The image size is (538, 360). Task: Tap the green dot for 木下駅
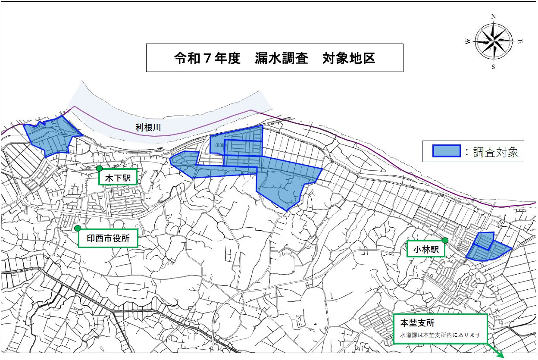click(99, 168)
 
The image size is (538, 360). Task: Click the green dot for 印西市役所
click(77, 228)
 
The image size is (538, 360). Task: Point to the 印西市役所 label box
click(108, 238)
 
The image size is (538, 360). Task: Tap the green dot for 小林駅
click(445, 240)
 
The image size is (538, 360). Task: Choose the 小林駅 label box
click(426, 249)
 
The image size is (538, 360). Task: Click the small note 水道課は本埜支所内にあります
click(440, 335)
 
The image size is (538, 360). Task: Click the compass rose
click(494, 41)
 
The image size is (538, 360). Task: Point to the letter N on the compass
click(494, 16)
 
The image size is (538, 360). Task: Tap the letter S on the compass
click(493, 67)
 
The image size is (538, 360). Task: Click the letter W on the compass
click(468, 42)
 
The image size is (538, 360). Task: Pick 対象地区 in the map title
click(349, 58)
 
